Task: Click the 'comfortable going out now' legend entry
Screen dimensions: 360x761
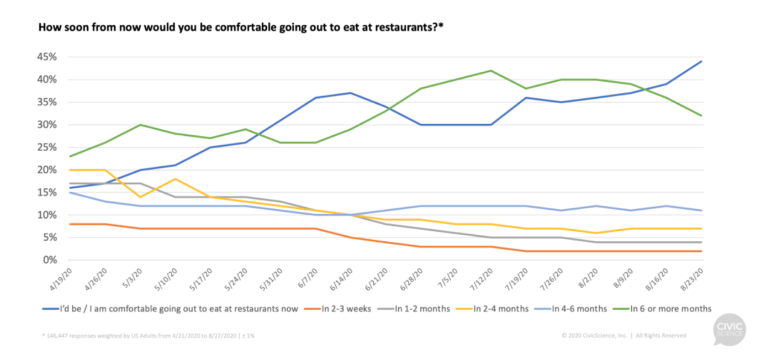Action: pyautogui.click(x=177, y=309)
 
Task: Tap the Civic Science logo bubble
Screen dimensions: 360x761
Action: pyautogui.click(x=728, y=330)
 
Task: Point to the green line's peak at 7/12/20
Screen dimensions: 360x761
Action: pyautogui.click(x=490, y=71)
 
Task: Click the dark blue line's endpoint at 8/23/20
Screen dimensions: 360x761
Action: pyautogui.click(x=701, y=61)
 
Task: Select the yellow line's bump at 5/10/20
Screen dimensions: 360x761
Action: pyautogui.click(x=175, y=179)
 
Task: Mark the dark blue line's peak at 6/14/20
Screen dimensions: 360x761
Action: pyautogui.click(x=350, y=93)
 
